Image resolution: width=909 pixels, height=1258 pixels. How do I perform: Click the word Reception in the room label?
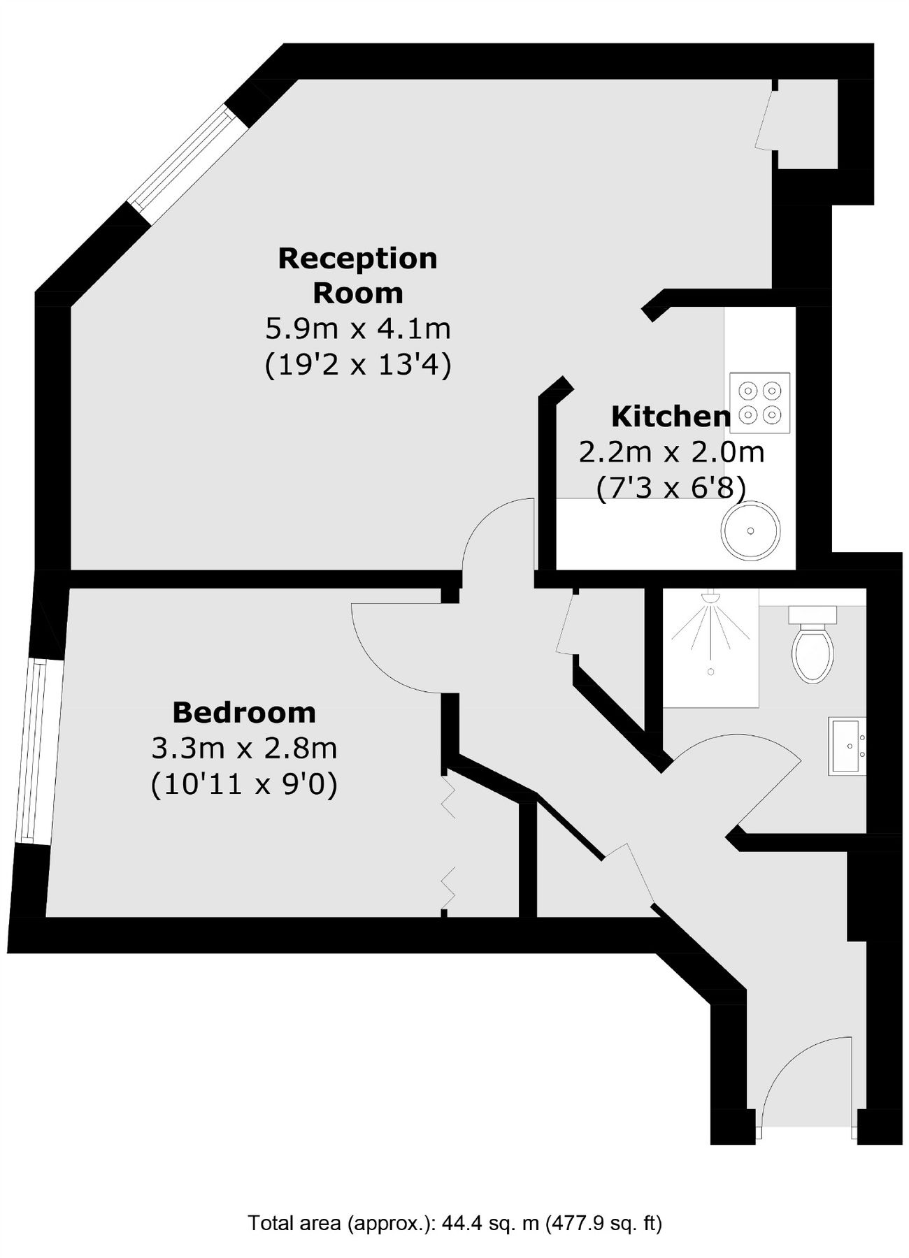(x=357, y=259)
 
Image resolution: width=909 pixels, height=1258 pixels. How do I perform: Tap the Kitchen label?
(x=670, y=417)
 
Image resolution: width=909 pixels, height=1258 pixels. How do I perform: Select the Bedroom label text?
(x=244, y=713)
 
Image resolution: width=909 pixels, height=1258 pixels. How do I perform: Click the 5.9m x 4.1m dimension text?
(x=357, y=328)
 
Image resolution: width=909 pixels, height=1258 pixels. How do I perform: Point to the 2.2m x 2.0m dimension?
(x=671, y=452)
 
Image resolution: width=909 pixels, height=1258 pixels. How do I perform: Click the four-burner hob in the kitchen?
(x=759, y=403)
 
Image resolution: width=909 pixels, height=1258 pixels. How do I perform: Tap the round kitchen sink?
(x=750, y=530)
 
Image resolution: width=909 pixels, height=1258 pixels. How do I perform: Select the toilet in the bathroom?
(x=813, y=646)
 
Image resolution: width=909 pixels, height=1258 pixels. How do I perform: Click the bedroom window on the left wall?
(x=34, y=751)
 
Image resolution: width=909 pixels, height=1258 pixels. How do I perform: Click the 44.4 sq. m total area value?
(x=490, y=1224)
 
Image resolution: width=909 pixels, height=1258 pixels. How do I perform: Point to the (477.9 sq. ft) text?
(x=603, y=1224)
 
